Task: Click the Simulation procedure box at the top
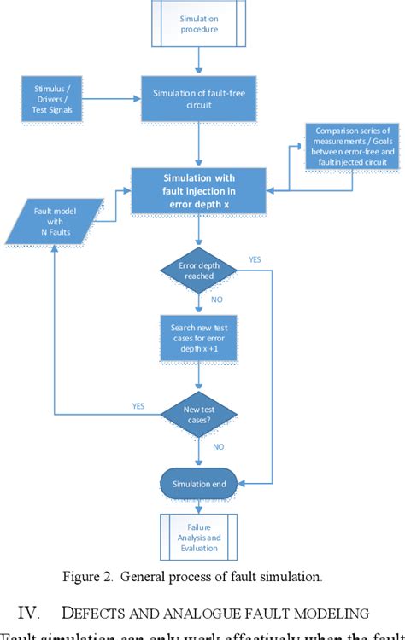[x=198, y=23]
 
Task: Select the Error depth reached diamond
[x=198, y=271]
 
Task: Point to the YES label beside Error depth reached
[x=254, y=259]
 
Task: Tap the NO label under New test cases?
[x=219, y=446]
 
